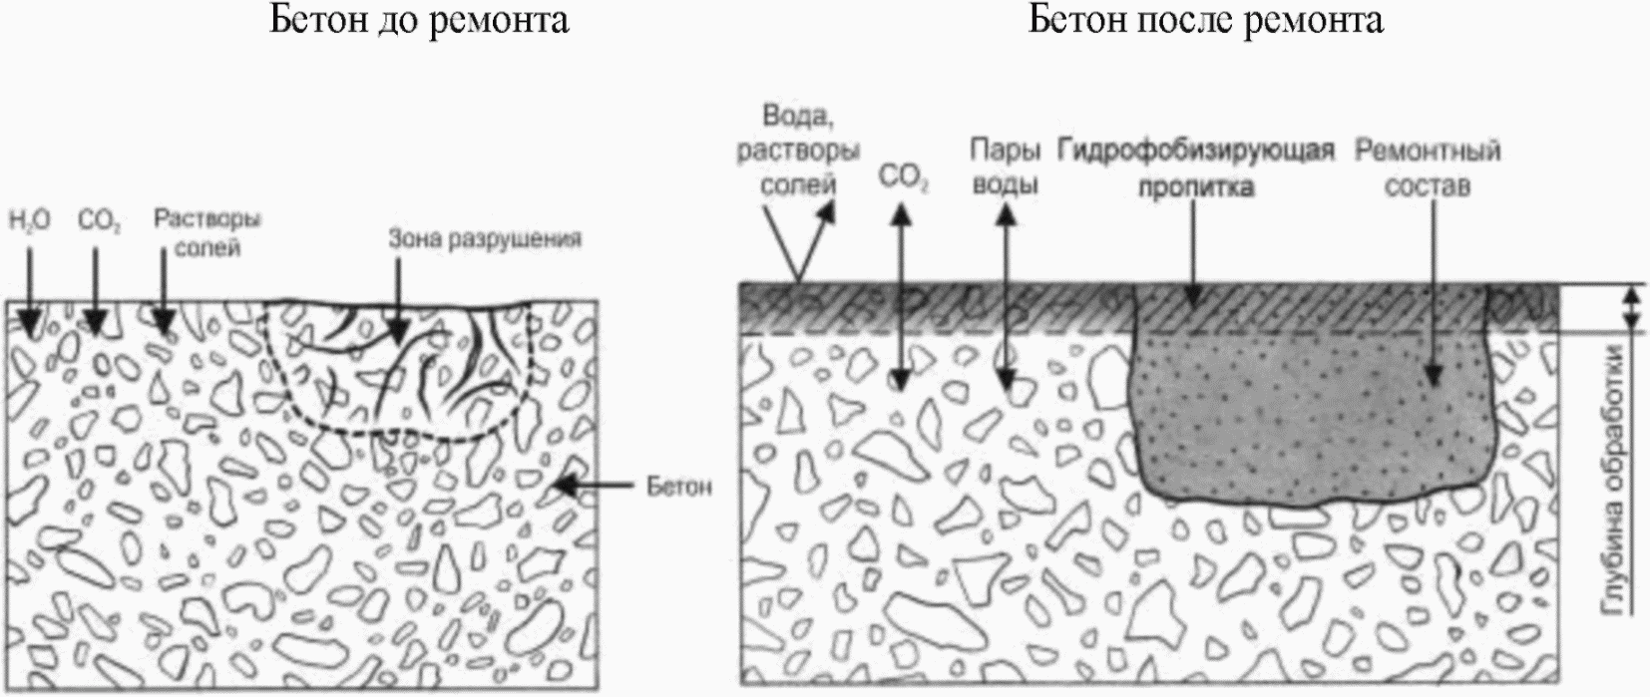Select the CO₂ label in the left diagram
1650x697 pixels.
(99, 221)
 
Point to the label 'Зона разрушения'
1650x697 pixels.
(485, 240)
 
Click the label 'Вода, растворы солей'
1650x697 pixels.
(798, 150)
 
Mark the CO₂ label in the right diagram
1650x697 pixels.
(904, 180)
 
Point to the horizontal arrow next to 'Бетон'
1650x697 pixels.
(593, 487)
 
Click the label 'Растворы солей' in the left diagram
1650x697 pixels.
(206, 232)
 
